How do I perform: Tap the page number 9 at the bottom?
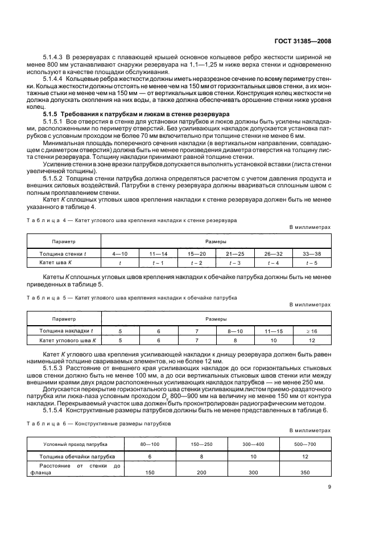click(x=329, y=486)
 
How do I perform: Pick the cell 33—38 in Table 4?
click(x=312, y=252)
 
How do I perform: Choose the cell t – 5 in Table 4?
click(x=312, y=263)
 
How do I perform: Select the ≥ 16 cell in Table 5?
click(x=312, y=330)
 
